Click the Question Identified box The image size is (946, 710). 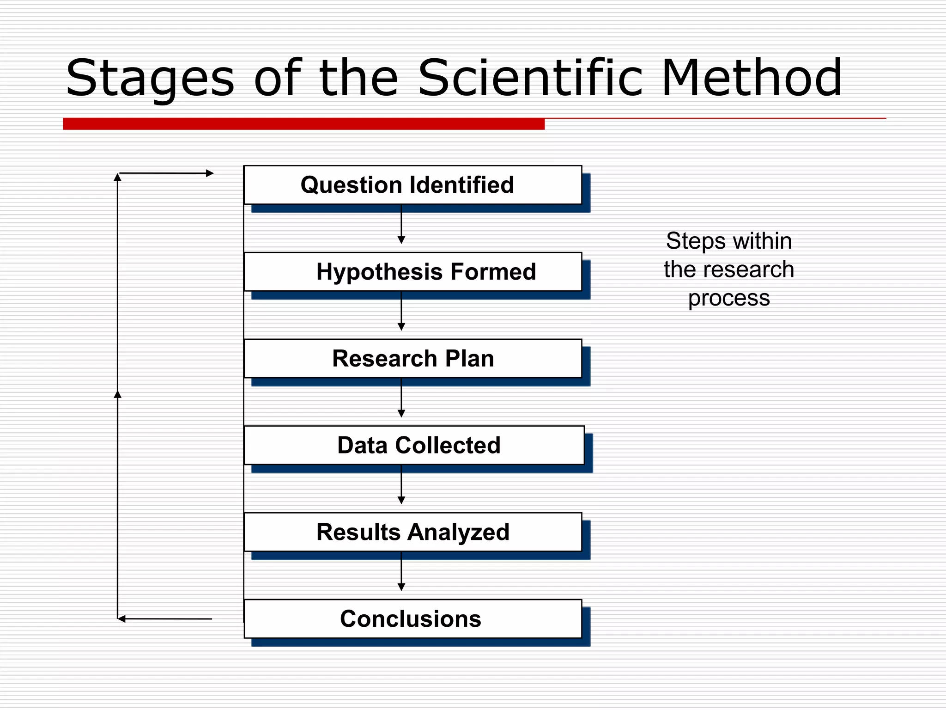pyautogui.click(x=412, y=185)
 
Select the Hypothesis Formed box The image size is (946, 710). pyautogui.click(x=412, y=272)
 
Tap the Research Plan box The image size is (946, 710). pyautogui.click(x=412, y=359)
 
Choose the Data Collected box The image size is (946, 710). pyautogui.click(x=414, y=445)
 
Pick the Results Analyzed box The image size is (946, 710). pyautogui.click(x=412, y=532)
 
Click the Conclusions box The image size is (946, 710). pyautogui.click(x=412, y=619)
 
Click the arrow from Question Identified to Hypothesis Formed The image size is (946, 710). pyautogui.click(x=401, y=225)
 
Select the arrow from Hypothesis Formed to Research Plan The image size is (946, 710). pyautogui.click(x=401, y=312)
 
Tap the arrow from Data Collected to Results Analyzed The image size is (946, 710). pyautogui.click(x=401, y=485)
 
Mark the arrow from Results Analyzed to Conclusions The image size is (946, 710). pyautogui.click(x=401, y=572)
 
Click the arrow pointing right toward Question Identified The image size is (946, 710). pyautogui.click(x=166, y=173)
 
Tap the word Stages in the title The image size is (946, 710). pyautogui.click(x=150, y=79)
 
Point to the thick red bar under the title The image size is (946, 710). pyautogui.click(x=303, y=124)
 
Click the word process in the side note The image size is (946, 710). pyautogui.click(x=729, y=298)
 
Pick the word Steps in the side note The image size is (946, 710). pyautogui.click(x=695, y=242)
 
